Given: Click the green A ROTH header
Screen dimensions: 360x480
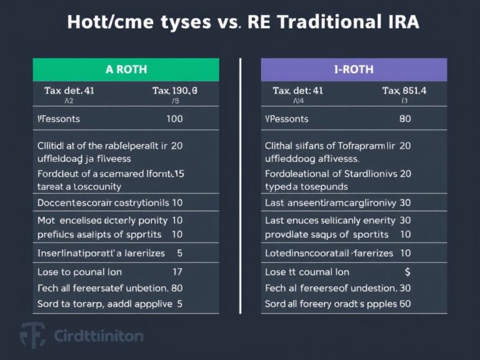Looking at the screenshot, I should pos(126,70).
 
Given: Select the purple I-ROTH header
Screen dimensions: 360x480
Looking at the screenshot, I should pos(354,70).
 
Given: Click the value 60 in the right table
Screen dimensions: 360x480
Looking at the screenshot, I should pos(404,304).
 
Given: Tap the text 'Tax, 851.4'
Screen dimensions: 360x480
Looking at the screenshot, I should pos(404,91).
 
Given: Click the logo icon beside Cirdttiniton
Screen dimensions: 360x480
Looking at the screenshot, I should pos(32,335).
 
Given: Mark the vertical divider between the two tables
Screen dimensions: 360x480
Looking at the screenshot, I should pos(240,187).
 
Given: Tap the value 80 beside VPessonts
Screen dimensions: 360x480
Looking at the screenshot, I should pos(404,117).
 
